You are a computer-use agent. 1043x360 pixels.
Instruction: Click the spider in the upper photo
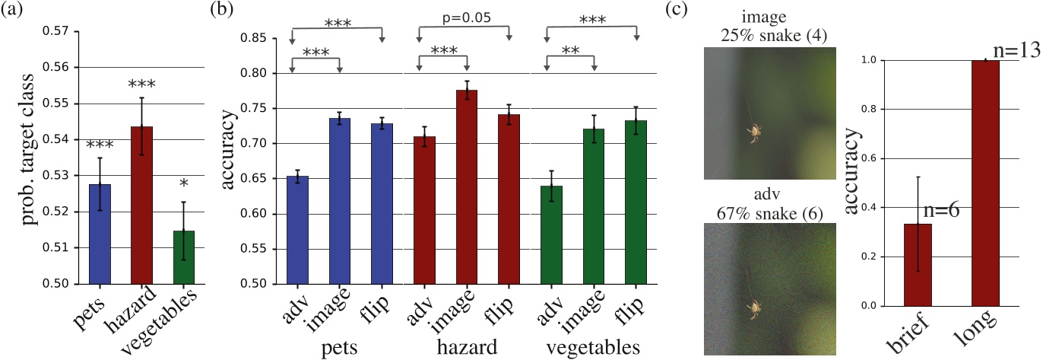pos(753,132)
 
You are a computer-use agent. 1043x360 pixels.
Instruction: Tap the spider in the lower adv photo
pos(754,307)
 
